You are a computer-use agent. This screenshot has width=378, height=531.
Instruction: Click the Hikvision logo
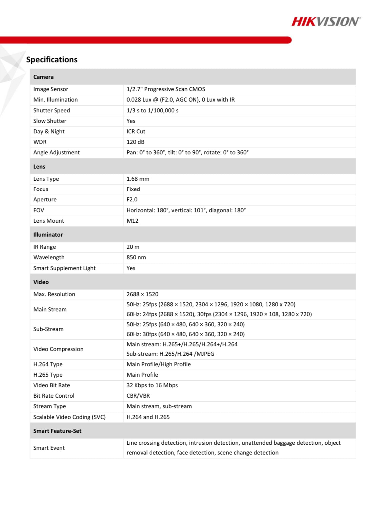326,22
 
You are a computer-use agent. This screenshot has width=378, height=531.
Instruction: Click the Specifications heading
52,60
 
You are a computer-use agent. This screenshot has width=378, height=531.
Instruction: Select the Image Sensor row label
51,89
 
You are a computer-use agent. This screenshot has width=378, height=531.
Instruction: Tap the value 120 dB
135,142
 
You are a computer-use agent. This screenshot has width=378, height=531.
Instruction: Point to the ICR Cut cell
136,131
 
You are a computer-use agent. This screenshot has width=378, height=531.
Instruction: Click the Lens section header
39,167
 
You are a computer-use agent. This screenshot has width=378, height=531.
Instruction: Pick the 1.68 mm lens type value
138,179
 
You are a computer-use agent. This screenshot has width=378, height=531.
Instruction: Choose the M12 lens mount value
132,221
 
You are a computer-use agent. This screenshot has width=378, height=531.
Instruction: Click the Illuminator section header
48,235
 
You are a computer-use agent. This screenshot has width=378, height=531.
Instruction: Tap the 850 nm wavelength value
136,257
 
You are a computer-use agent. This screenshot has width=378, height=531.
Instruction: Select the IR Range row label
45,247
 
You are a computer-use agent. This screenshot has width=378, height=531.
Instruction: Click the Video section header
41,282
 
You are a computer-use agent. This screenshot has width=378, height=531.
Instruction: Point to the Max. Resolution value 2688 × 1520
142,294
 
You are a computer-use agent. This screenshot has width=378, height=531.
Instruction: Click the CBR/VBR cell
138,396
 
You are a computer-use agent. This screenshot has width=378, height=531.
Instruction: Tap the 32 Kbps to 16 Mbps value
152,385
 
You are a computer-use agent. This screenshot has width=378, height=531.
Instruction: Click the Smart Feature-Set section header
57,431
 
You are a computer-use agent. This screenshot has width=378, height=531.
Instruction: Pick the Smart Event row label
49,448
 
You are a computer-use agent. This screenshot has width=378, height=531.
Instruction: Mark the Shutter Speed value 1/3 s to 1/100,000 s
152,110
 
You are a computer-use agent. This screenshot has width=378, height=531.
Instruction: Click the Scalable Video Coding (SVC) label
69,417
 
